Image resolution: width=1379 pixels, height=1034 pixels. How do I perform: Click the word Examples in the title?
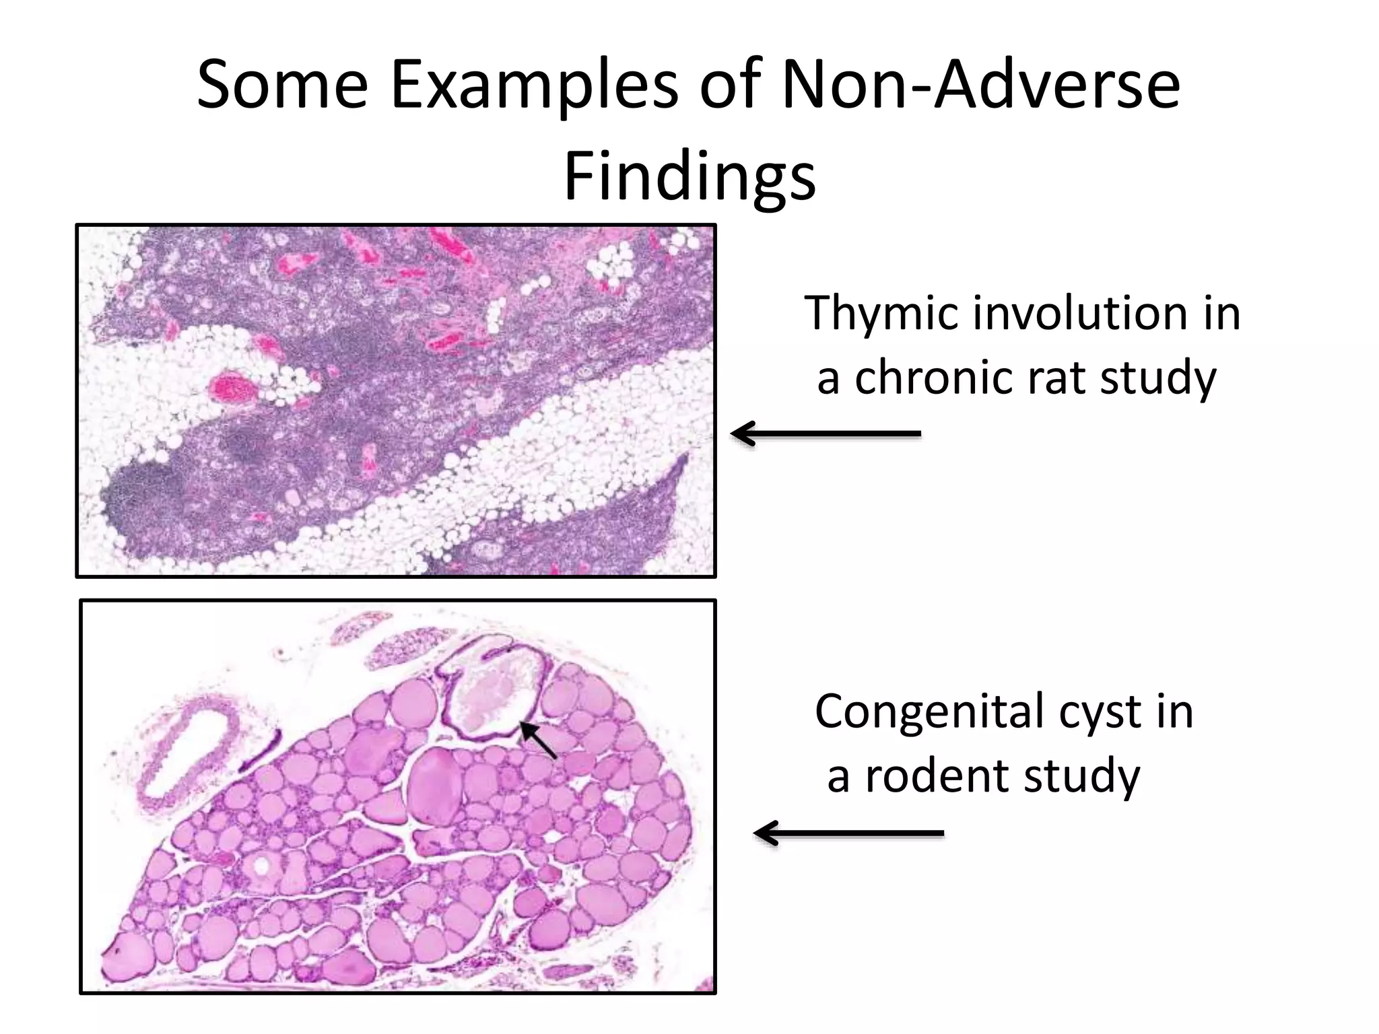[535, 85]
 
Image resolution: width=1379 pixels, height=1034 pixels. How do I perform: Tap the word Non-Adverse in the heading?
[980, 85]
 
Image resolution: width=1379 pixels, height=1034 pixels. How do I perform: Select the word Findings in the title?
[689, 176]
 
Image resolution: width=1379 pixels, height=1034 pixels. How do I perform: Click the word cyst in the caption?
[1100, 712]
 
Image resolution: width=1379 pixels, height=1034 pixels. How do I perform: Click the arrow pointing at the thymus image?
[826, 434]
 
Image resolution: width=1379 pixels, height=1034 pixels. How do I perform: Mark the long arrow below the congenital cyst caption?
[848, 833]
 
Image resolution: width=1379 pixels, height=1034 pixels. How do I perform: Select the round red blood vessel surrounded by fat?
[233, 389]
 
